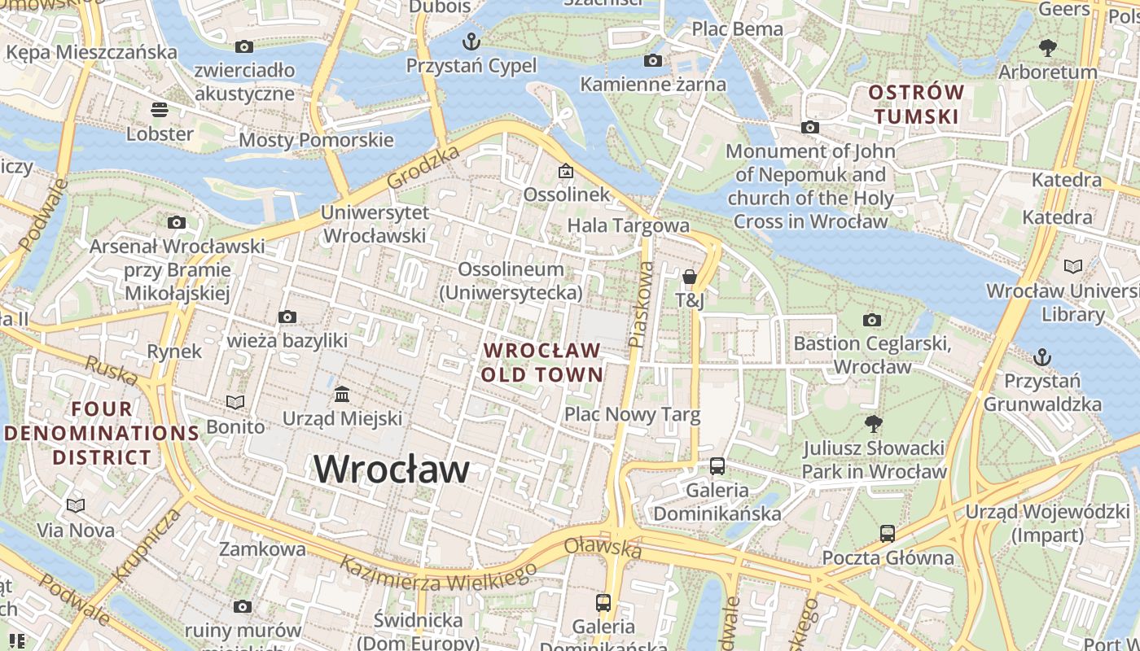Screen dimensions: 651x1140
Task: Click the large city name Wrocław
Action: (x=392, y=470)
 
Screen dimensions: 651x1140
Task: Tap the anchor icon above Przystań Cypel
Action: (x=471, y=41)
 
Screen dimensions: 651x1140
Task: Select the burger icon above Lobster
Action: (x=160, y=109)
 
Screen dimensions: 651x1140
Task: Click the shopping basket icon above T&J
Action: (x=690, y=277)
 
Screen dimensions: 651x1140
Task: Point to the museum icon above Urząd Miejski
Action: (x=342, y=395)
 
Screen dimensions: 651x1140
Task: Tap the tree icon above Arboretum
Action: (x=1048, y=48)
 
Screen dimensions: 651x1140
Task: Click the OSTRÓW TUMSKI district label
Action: (x=916, y=104)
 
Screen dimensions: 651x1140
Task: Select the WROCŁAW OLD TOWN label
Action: (x=541, y=363)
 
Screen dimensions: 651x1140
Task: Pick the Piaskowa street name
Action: (x=642, y=304)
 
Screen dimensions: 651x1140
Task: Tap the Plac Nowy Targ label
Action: (x=633, y=415)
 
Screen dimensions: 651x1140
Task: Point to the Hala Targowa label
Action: (x=628, y=225)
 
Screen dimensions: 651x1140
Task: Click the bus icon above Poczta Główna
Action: (x=888, y=534)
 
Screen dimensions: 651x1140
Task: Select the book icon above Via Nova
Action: (x=76, y=506)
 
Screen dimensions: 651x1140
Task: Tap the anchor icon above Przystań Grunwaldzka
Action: (x=1041, y=356)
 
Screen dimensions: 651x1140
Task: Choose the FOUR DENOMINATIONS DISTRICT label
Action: (x=102, y=433)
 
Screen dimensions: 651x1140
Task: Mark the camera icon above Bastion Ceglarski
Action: (x=872, y=320)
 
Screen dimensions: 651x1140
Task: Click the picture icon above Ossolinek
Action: (x=565, y=171)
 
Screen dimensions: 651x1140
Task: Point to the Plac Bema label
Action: (x=737, y=29)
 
